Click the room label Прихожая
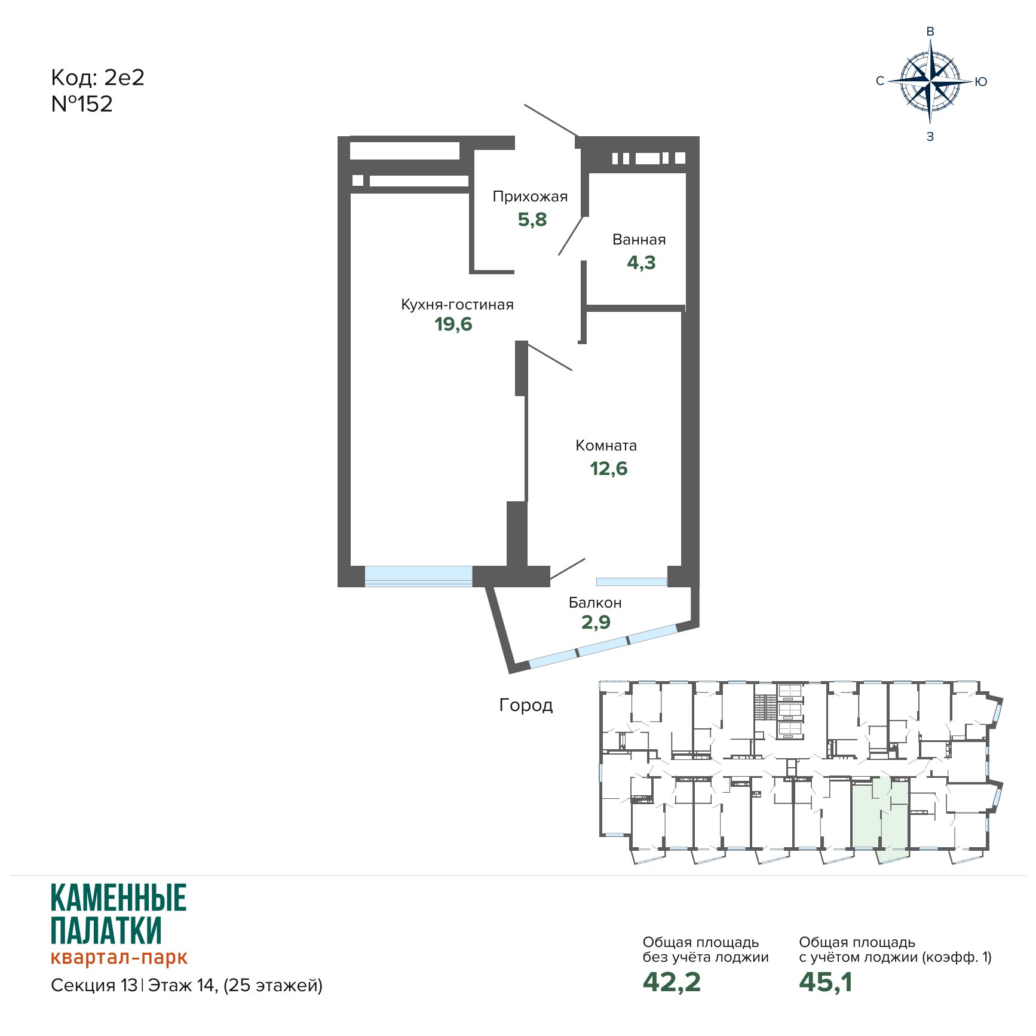point(530,197)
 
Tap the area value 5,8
point(532,219)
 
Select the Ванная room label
point(639,240)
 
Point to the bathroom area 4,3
point(641,262)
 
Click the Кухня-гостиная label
point(457,304)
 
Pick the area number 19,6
point(453,324)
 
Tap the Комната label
point(606,445)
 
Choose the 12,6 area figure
point(609,468)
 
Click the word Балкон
point(595,602)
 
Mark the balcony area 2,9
point(596,622)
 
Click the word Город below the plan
point(526,705)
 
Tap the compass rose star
point(930,81)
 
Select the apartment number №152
point(82,104)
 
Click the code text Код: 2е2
point(98,78)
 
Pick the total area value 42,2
point(672,982)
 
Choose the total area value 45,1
point(826,982)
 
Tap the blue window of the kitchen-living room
point(418,576)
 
